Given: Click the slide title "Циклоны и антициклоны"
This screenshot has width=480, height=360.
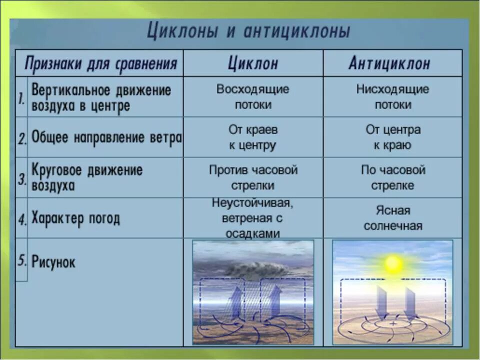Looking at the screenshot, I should click(248, 32).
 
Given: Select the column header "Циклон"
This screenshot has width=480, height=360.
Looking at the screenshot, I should click(252, 63).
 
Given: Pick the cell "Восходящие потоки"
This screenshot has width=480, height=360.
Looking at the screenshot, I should click(252, 97).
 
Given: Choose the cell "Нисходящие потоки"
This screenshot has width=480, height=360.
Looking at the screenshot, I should click(392, 97).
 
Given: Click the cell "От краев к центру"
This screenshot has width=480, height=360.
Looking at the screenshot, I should click(252, 137).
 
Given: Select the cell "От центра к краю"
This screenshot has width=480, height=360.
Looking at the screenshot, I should click(393, 137).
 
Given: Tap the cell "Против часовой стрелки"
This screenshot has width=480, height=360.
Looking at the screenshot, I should click(253, 177).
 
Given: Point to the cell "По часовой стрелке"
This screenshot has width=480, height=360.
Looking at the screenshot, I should click(393, 177).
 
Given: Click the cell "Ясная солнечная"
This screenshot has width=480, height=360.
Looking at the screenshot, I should click(393, 218).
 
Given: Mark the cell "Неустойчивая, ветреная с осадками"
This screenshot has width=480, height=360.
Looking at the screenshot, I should click(253, 218).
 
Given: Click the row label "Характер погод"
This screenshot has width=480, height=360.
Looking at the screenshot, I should click(75, 218).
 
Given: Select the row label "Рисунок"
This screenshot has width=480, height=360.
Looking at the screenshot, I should click(53, 261).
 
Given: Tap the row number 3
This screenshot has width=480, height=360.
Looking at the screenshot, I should click(22, 179).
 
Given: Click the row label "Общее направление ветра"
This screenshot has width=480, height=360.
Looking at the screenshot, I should click(106, 137).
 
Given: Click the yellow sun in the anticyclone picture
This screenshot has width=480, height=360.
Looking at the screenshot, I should click(393, 263).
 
